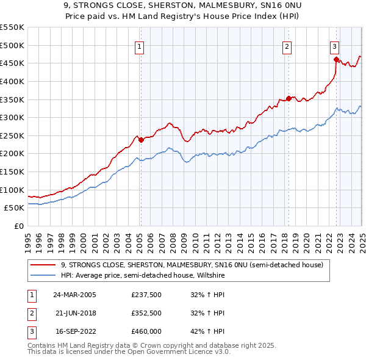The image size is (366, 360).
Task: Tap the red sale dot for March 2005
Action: coord(141,140)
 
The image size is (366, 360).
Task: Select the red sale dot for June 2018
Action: coord(289,98)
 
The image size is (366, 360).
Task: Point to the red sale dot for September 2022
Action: coord(336,59)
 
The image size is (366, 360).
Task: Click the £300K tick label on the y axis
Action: coord(12,117)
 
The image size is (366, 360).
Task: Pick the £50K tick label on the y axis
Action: coord(14,207)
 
